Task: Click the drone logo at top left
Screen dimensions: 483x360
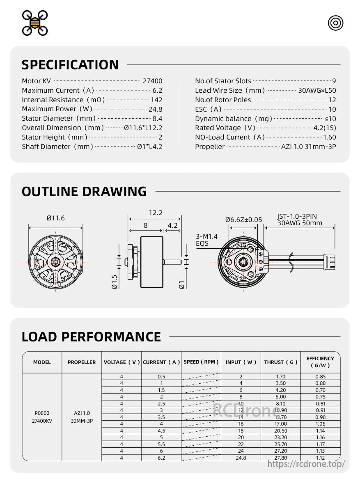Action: point(35,23)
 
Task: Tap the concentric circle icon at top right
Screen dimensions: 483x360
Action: point(335,23)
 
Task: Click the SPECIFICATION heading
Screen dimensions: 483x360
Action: point(70,65)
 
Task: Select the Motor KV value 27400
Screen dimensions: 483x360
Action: point(152,81)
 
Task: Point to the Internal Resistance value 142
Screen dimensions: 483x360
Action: point(156,100)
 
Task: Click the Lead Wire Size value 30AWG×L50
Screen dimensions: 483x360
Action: point(317,91)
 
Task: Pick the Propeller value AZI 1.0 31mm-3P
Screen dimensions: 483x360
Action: point(308,147)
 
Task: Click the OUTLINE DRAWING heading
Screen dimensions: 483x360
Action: point(84,192)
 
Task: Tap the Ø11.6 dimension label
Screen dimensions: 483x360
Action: point(55,218)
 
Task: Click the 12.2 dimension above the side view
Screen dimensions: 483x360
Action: point(156,213)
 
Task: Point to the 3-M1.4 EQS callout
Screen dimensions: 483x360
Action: point(207,240)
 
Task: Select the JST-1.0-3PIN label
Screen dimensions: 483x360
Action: point(297,216)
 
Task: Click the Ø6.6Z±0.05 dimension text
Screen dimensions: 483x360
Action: point(243,220)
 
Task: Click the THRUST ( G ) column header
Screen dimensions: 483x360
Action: point(281,362)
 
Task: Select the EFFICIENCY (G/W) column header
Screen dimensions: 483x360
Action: point(320,362)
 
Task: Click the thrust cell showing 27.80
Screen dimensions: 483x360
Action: point(281,458)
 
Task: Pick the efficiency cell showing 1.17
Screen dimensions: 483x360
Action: point(320,444)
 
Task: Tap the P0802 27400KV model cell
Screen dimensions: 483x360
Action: point(42,417)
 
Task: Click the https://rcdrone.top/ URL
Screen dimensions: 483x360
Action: point(306,464)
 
